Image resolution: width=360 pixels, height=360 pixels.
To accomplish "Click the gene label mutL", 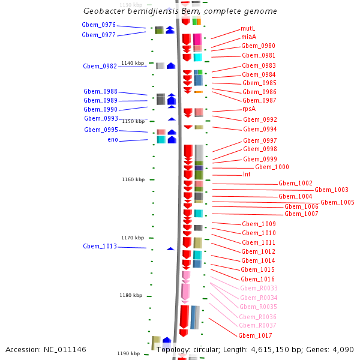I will pos(248,28).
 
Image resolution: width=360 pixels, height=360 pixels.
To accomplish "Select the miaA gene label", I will pos(248,37).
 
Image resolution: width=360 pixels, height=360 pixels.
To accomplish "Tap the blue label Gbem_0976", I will pos(98,25).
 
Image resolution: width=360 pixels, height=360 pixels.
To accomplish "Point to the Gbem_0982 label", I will pos(100,67).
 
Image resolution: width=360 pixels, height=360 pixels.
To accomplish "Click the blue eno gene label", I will pos(113,140).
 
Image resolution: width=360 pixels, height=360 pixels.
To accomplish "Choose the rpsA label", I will pos(249,109).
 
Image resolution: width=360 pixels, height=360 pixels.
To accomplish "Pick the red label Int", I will pos(247,175).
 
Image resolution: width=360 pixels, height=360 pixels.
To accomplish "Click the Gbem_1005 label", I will pos(337,203).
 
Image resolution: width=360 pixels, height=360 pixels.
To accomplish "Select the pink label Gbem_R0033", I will pos(259,289).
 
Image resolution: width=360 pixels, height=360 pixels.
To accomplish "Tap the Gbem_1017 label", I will pos(255,335).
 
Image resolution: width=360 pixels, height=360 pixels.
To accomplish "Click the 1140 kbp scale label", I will pos(133,63).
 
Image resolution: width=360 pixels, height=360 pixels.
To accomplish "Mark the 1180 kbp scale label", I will pos(130,295).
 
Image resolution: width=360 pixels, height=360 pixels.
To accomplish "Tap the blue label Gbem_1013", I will pos(100,247).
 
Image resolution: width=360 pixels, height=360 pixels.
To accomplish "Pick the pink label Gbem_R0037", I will pos(257,326).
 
